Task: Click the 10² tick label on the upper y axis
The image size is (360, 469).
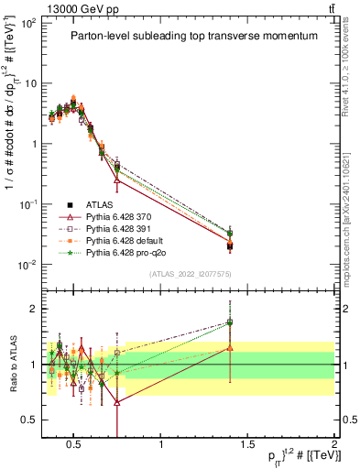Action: (30, 22)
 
